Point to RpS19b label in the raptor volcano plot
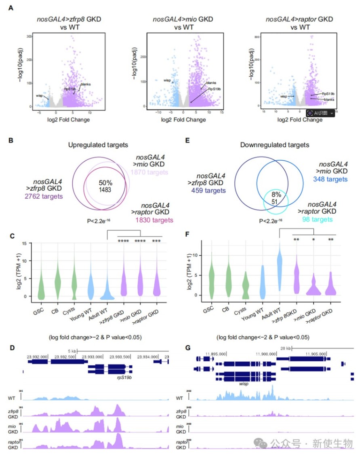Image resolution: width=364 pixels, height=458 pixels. (328, 93)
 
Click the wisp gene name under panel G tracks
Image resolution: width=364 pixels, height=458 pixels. (244, 382)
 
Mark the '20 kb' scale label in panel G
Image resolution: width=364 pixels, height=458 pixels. (286, 348)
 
